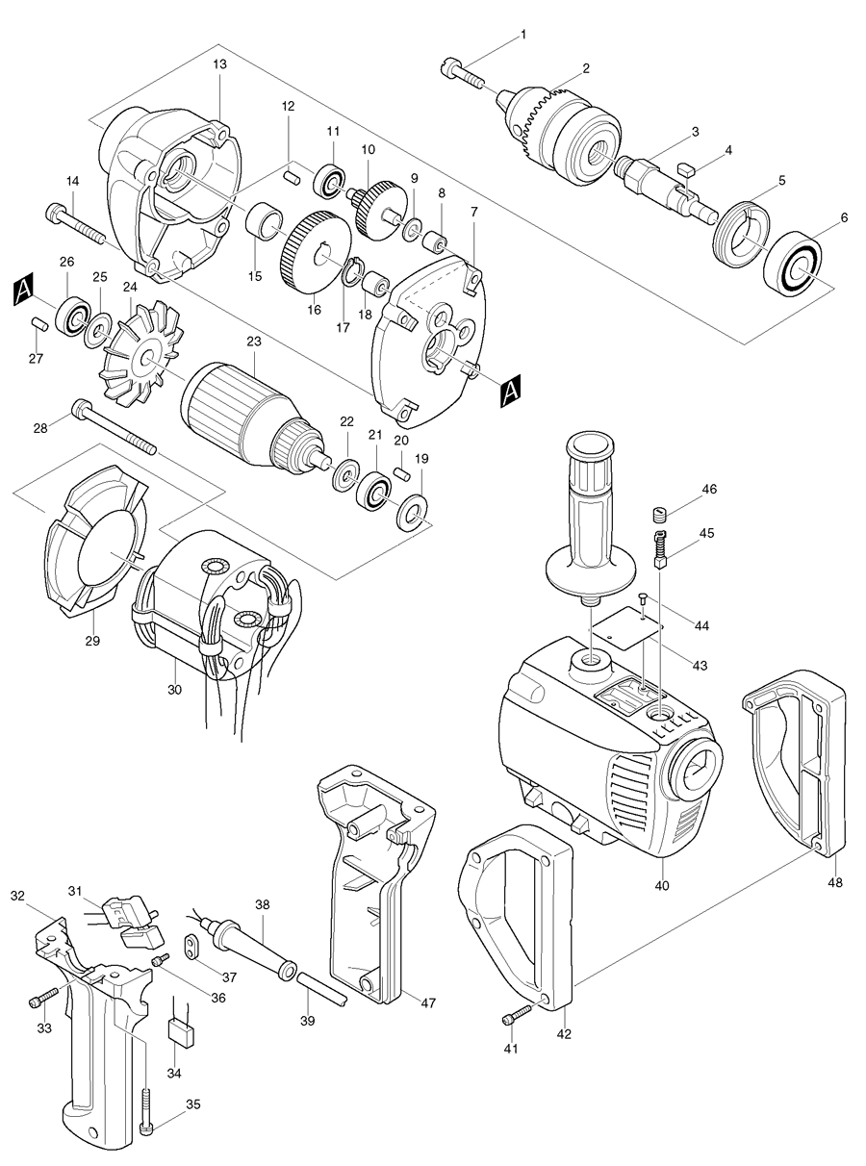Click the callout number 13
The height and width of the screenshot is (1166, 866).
(x=219, y=63)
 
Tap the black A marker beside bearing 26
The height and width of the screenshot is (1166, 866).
(x=24, y=288)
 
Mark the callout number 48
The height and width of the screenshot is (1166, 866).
(x=834, y=882)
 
